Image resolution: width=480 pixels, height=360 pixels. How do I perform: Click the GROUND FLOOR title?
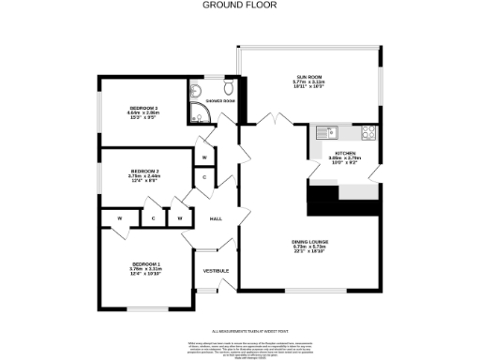[240, 5]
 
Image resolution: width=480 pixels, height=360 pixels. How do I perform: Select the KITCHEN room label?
[344, 153]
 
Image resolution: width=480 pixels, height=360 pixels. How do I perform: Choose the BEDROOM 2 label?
[144, 172]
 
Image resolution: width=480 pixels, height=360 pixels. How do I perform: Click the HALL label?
[216, 218]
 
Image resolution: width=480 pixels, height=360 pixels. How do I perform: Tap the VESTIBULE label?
[216, 270]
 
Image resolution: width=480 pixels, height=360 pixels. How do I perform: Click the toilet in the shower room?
[195, 91]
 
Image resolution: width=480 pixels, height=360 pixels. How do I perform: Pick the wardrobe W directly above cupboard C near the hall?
[204, 157]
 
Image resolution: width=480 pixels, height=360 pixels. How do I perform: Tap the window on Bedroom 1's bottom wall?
[146, 309]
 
